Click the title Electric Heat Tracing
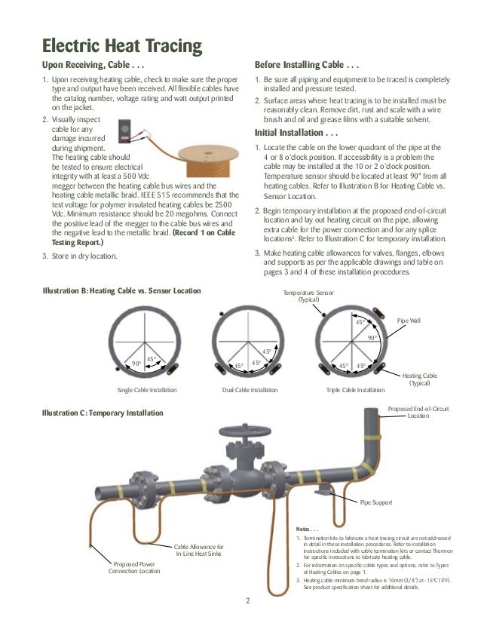coord(121,46)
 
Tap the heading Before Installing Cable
coord(306,66)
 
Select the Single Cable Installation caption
coord(147,390)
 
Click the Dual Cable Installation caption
coord(250,390)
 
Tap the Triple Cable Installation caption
coord(355,390)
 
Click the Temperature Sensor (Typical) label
coord(308,296)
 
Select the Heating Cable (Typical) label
coord(420,379)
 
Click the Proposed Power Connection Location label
coord(136,567)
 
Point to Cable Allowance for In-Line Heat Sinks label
coord(199,550)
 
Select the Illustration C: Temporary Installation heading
coord(103,413)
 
